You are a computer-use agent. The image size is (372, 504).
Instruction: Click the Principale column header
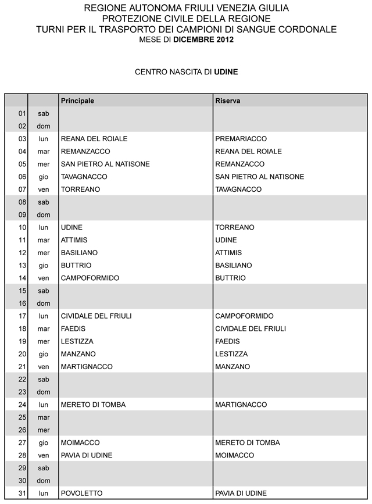[x=77, y=101]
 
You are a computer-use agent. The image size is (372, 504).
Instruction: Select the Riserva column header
[x=228, y=101]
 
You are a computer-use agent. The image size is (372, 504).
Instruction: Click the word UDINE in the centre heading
[x=226, y=73]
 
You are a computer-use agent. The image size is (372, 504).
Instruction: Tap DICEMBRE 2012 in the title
[x=203, y=40]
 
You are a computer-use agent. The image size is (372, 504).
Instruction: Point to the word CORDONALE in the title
[x=306, y=29]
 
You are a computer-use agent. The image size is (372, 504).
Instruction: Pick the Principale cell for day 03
[x=94, y=139]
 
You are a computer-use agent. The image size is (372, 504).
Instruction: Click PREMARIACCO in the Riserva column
[x=241, y=139]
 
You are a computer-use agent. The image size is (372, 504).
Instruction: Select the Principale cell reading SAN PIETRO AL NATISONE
[x=105, y=164]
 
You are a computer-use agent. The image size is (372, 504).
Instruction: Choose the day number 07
[x=23, y=190]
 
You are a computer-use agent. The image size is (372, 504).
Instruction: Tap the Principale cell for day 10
[x=71, y=227]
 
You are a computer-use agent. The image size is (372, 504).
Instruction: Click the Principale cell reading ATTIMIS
[x=74, y=240]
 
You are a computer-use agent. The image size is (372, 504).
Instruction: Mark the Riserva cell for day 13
[x=233, y=265]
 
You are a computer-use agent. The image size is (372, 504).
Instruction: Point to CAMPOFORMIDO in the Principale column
[x=90, y=278]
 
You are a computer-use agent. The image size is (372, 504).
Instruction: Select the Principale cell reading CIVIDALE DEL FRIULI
[x=96, y=316]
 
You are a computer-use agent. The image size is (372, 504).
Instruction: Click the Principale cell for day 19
[x=77, y=341]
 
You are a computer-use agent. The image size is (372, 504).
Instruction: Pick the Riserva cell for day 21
[x=233, y=367]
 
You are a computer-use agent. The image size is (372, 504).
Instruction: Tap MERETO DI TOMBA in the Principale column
[x=93, y=405]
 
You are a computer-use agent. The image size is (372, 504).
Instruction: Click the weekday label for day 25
[x=44, y=417]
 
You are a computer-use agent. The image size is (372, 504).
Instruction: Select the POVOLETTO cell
[x=81, y=494]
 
